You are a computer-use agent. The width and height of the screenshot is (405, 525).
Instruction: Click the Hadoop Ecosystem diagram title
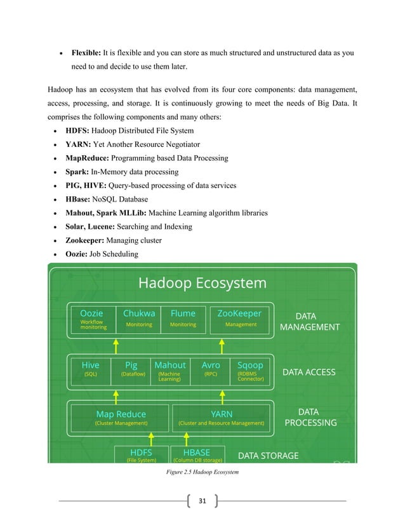point(202,283)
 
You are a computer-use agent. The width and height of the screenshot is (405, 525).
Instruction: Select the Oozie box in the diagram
point(92,319)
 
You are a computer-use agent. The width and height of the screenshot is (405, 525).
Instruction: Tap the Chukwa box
point(139,319)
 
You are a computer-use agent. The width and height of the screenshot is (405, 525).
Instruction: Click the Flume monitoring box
point(183,319)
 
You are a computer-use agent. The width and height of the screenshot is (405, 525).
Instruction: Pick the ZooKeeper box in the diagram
point(240,319)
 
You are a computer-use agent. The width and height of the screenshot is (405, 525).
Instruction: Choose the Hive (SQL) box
point(90,370)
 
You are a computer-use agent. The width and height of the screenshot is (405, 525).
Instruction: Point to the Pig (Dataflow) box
point(131,370)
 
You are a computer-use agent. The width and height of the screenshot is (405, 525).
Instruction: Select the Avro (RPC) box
point(211,370)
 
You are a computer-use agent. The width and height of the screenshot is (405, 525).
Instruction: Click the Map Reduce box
point(121,417)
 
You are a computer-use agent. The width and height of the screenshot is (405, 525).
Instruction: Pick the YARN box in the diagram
point(221,417)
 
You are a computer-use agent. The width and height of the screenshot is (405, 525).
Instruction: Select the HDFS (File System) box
point(141,455)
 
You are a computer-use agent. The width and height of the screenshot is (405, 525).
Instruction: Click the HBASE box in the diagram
point(196,455)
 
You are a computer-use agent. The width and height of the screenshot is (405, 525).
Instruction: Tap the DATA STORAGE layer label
point(268,455)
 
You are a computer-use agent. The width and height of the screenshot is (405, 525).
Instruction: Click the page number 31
point(202,501)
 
